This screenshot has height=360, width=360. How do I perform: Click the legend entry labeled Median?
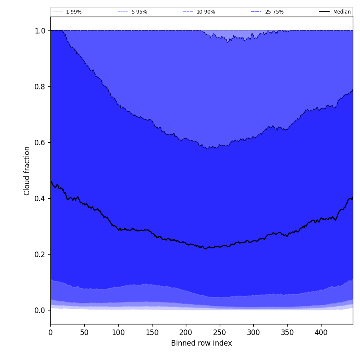tap(342, 12)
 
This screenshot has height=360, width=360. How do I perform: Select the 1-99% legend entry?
tap(74, 12)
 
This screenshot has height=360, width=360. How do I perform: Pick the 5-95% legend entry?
tap(139, 12)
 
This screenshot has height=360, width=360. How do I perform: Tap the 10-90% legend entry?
tap(205, 12)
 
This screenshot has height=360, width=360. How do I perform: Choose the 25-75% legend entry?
tap(274, 12)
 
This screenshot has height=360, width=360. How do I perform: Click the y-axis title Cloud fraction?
tap(27, 171)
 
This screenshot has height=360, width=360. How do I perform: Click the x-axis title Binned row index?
tap(201, 343)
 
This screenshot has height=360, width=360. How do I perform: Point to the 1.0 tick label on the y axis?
tap(40, 31)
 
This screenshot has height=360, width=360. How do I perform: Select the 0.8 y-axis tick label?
tap(40, 87)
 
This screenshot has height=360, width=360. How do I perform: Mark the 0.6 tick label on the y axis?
tap(40, 143)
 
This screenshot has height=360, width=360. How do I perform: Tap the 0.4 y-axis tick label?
tap(40, 199)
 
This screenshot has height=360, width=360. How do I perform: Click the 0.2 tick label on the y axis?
tap(40, 255)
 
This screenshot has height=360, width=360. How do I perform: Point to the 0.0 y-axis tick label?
tap(40, 310)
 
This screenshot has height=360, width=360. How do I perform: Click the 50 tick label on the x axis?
tap(84, 332)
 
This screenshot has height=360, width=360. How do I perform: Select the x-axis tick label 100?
tap(118, 332)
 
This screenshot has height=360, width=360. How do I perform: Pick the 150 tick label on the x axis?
tap(152, 332)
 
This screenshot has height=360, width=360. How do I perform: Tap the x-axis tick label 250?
tap(219, 332)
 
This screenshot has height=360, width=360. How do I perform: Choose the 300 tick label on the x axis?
tap(253, 332)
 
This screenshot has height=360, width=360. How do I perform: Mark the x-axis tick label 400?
tap(321, 332)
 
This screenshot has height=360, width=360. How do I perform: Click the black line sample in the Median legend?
tap(324, 12)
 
